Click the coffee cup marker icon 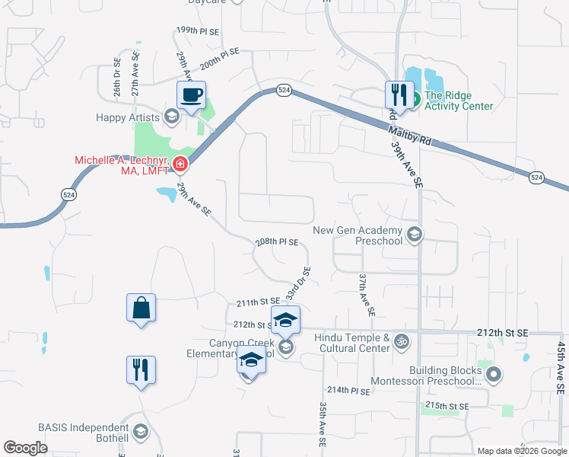(x=191, y=95)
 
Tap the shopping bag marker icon (x=141, y=308)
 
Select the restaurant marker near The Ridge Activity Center (x=399, y=95)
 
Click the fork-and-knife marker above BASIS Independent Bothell (x=141, y=370)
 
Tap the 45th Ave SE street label (x=561, y=367)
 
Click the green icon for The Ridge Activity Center (x=415, y=97)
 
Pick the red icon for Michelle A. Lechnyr (x=180, y=164)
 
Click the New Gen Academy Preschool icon (x=414, y=234)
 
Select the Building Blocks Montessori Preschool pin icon (x=494, y=374)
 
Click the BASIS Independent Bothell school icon (x=140, y=433)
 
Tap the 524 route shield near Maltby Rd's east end (x=536, y=177)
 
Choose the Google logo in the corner (x=25, y=447)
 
